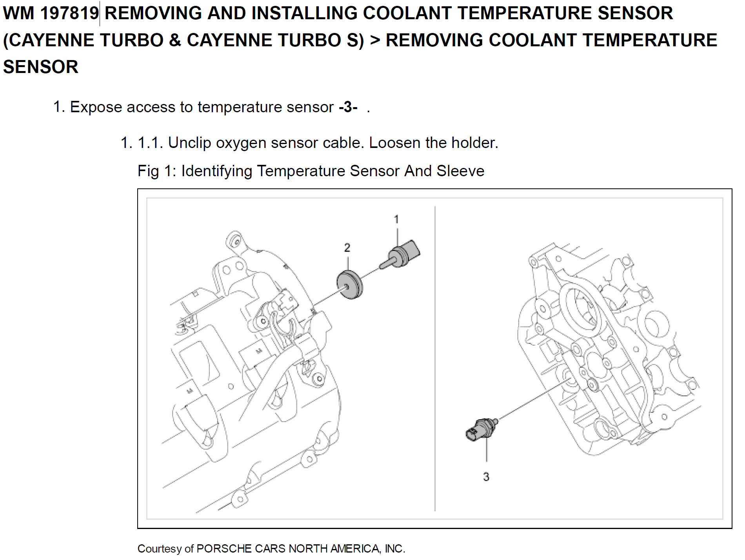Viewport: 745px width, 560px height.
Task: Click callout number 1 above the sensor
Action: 396,219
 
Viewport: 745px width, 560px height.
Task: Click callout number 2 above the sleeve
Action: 347,248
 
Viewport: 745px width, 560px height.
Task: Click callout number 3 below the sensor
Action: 486,477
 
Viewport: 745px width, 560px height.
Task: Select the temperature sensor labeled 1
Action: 402,255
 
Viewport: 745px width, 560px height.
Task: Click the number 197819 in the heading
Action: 69,13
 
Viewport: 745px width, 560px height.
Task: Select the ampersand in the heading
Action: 175,40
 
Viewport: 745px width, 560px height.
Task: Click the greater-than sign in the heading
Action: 375,40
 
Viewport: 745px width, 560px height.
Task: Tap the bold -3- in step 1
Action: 348,107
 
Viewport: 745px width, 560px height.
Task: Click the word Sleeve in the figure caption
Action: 460,171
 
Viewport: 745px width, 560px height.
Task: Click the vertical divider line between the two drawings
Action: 435,353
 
